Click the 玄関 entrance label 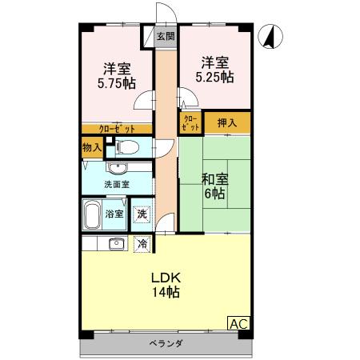click(166, 36)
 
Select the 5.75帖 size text click(117, 82)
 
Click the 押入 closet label click(227, 123)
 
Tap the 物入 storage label click(92, 147)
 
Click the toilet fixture click(127, 146)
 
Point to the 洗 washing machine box click(142, 214)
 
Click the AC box click(238, 323)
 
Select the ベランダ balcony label click(166, 344)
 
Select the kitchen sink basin click(116, 243)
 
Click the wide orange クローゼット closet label click(116, 128)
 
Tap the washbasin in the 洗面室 click(117, 168)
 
